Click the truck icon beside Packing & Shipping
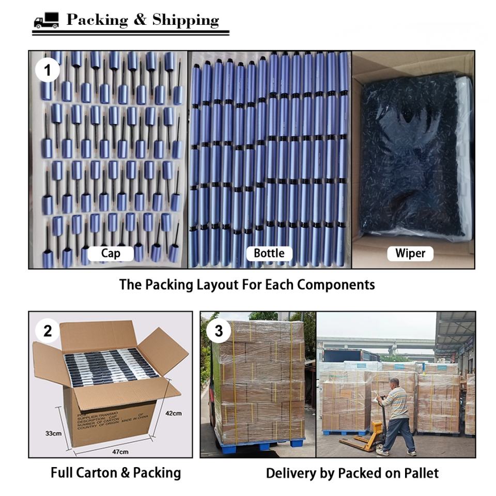(46, 21)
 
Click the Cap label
(111, 253)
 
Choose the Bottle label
(269, 253)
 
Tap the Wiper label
(410, 253)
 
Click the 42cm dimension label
(174, 413)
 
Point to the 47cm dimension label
(120, 452)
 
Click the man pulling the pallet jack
(397, 413)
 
